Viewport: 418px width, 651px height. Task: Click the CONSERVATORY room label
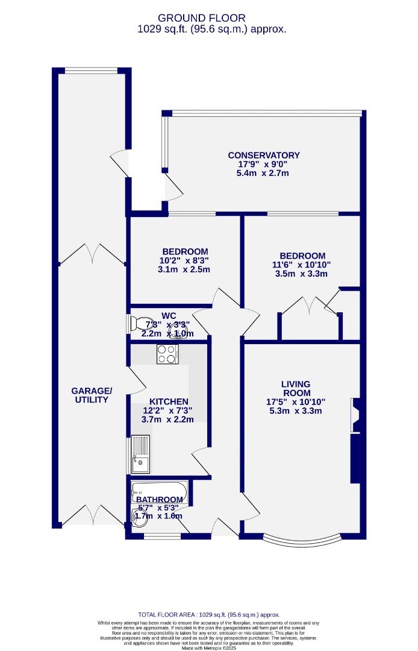(264, 155)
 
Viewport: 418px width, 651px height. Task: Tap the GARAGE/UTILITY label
(92, 395)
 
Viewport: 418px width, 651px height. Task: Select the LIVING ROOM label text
(295, 388)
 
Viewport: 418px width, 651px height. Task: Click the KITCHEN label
(169, 401)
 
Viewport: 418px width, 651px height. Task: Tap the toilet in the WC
(136, 322)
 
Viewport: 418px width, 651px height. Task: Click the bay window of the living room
(302, 538)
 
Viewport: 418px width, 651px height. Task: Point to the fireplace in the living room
(355, 415)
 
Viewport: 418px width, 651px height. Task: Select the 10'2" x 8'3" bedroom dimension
(185, 261)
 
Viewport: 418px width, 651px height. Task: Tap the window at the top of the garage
(91, 71)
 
